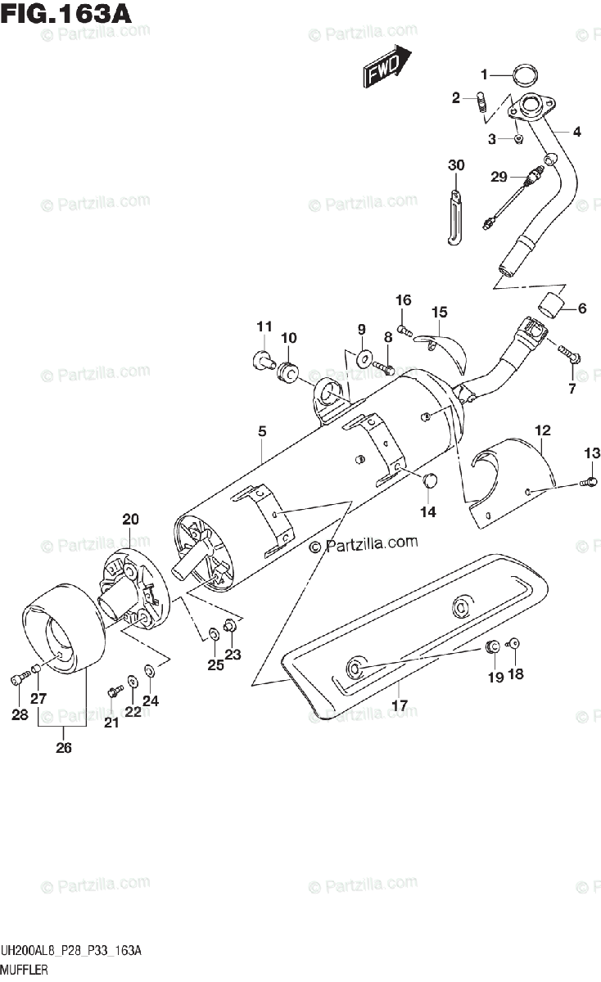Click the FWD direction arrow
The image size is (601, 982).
pos(386,67)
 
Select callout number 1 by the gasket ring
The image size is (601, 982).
pos(484,74)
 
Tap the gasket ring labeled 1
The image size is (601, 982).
pos(525,76)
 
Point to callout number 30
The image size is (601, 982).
pos(456,166)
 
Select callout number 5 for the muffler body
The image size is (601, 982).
pos(261,431)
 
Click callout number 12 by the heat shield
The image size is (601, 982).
pos(544,430)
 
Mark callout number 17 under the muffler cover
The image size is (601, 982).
pos(399,705)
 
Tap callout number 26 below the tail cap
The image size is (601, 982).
pos(64,746)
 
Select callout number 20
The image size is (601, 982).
pos(131,519)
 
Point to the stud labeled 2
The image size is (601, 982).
pos(481,105)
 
